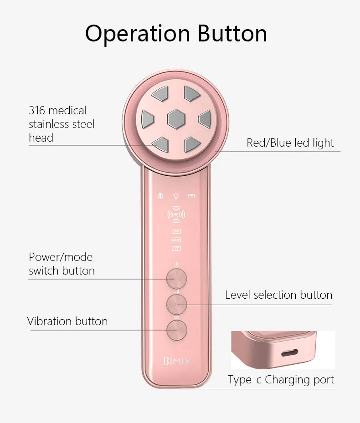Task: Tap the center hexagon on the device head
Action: coord(176,119)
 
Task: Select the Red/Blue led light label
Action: coord(290,143)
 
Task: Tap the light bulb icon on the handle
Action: coord(176,196)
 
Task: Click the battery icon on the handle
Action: coord(192,197)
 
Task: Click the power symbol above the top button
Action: coord(176,265)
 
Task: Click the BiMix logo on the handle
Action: coord(176,362)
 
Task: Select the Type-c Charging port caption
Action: coord(281,380)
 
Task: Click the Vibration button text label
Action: coord(67,321)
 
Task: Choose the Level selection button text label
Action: coord(278,295)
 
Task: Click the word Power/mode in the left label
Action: coord(61,257)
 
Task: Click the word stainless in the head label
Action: coord(49,124)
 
